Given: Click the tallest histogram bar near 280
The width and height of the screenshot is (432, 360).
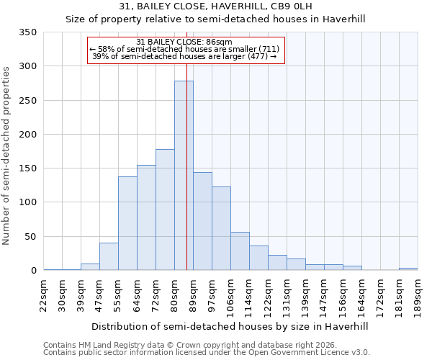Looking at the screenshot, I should (x=184, y=176).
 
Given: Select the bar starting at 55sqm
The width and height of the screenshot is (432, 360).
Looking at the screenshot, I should (x=127, y=223).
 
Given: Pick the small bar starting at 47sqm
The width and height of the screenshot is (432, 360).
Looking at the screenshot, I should (x=109, y=257).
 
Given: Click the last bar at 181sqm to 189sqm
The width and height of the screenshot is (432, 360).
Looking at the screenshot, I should (x=408, y=269).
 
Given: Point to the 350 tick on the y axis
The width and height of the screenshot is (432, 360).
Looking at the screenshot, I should (x=27, y=32).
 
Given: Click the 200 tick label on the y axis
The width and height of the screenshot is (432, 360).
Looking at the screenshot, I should (x=27, y=135).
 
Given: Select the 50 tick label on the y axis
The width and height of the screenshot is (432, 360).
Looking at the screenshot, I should (x=30, y=237).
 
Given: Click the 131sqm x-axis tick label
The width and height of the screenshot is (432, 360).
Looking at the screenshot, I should (x=287, y=295).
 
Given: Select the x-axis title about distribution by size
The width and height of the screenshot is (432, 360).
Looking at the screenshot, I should (x=230, y=326).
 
